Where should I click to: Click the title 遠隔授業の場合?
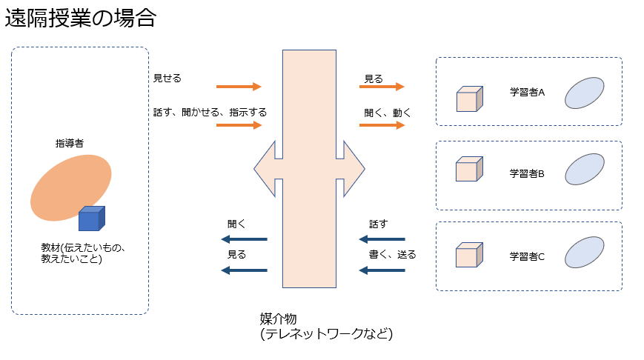pos(81,19)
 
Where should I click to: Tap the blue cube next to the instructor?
pos(92,219)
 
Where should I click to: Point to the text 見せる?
pos(167,77)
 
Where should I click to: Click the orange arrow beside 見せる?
pos(239,87)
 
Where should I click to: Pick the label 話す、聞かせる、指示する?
pos(209,113)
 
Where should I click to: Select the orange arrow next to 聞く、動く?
pos(382,125)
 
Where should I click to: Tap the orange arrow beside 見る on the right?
pos(382,87)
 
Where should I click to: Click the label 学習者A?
pos(527,93)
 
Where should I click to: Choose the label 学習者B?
pos(527,174)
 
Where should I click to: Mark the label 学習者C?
pos(527,256)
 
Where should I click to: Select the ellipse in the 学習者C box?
pos(585,253)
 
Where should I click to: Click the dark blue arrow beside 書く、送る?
pos(382,270)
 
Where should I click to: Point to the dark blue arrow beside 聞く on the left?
pos(244,239)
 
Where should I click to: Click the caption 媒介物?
pos(278,319)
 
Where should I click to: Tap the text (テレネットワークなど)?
pos(325,334)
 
